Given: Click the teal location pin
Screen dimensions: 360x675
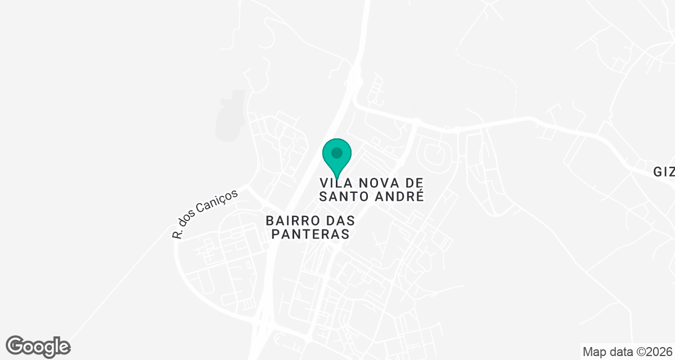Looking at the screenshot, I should [x=337, y=157].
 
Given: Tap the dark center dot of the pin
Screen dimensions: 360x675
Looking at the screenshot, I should [x=337, y=152].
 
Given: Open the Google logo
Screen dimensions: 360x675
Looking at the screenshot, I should [x=38, y=346].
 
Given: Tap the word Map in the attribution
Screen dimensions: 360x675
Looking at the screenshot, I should [x=595, y=352].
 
